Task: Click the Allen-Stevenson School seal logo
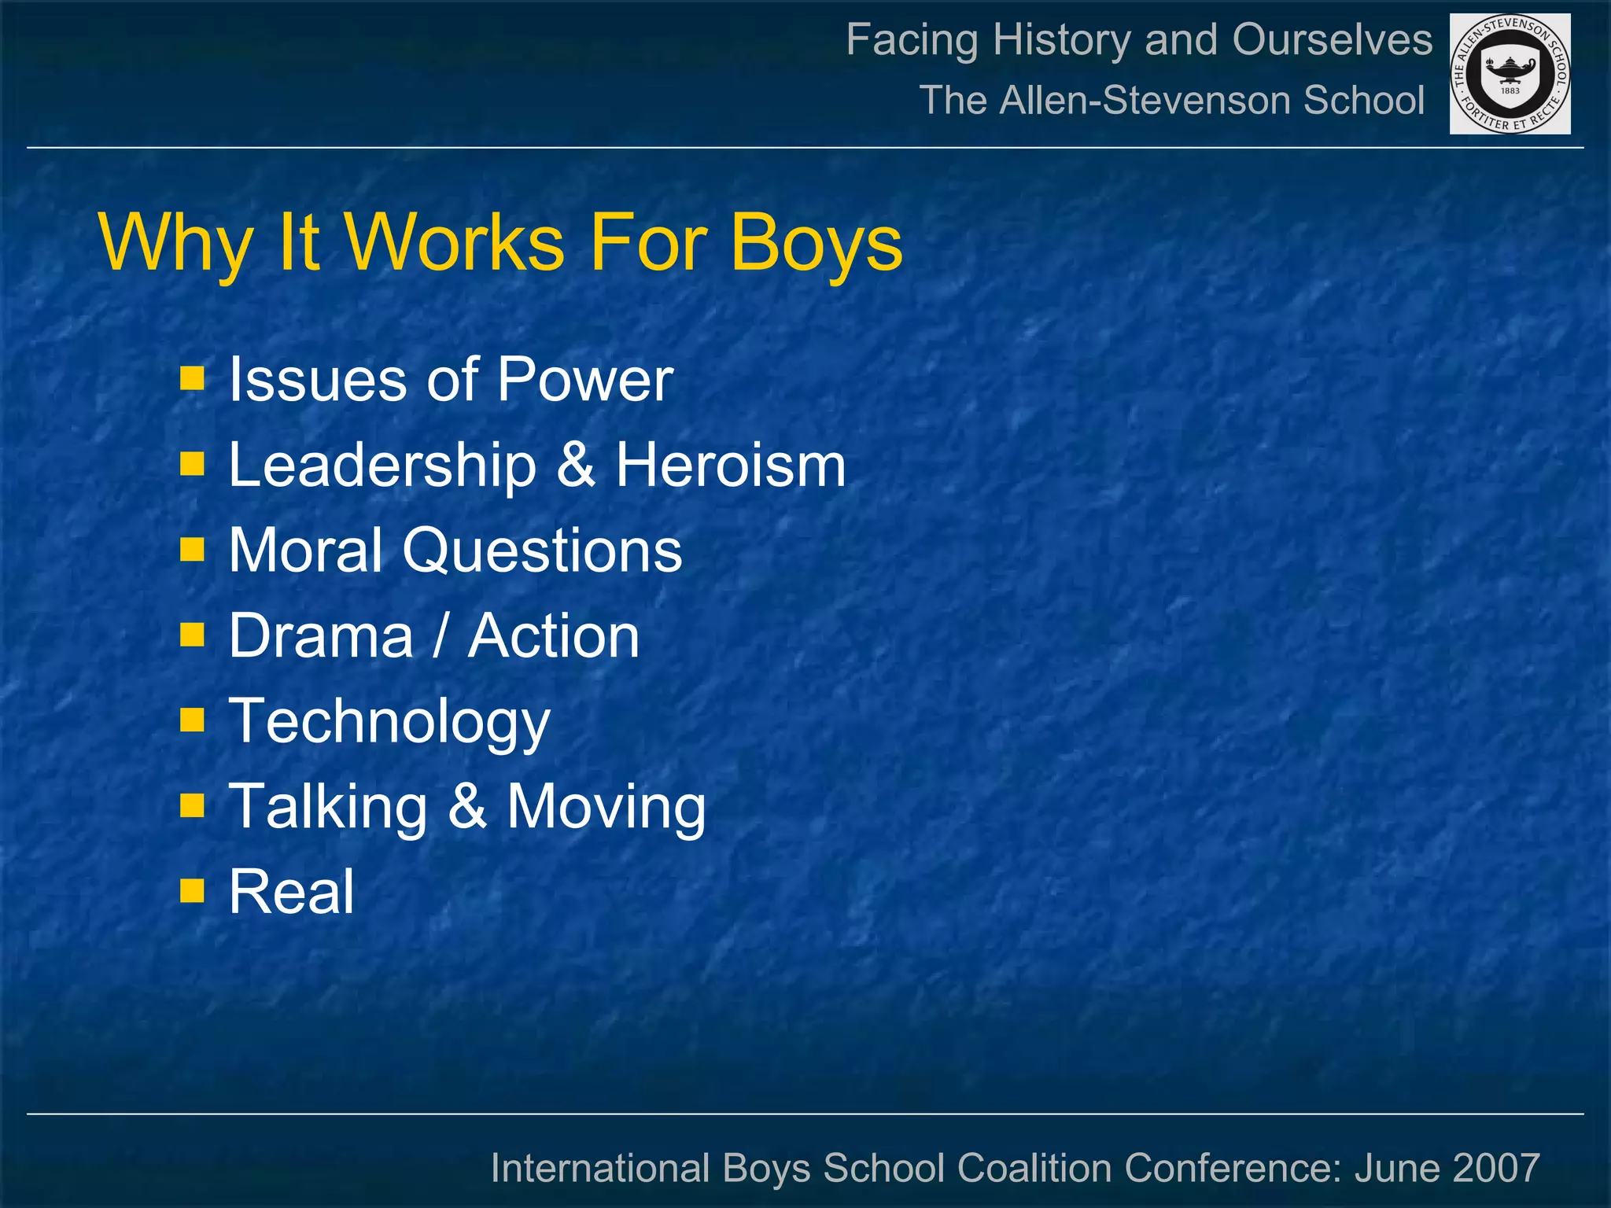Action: point(1510,74)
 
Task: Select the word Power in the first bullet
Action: point(584,380)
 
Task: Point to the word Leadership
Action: point(382,466)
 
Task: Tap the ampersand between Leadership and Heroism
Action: point(576,466)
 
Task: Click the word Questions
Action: point(542,551)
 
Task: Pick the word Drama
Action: point(321,635)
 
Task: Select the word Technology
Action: point(389,722)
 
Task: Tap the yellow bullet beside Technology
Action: point(192,720)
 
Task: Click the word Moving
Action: point(606,808)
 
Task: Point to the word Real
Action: point(291,892)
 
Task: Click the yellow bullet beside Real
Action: point(192,890)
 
